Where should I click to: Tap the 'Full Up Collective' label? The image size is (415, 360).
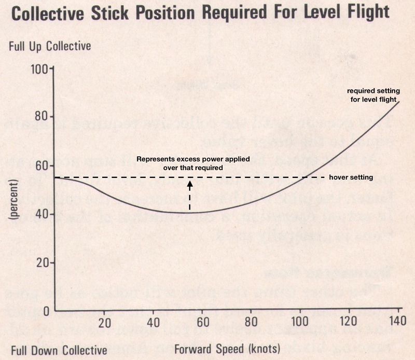[50, 46]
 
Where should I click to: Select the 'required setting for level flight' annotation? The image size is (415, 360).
[372, 95]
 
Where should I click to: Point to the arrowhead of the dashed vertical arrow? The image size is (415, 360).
[190, 183]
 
